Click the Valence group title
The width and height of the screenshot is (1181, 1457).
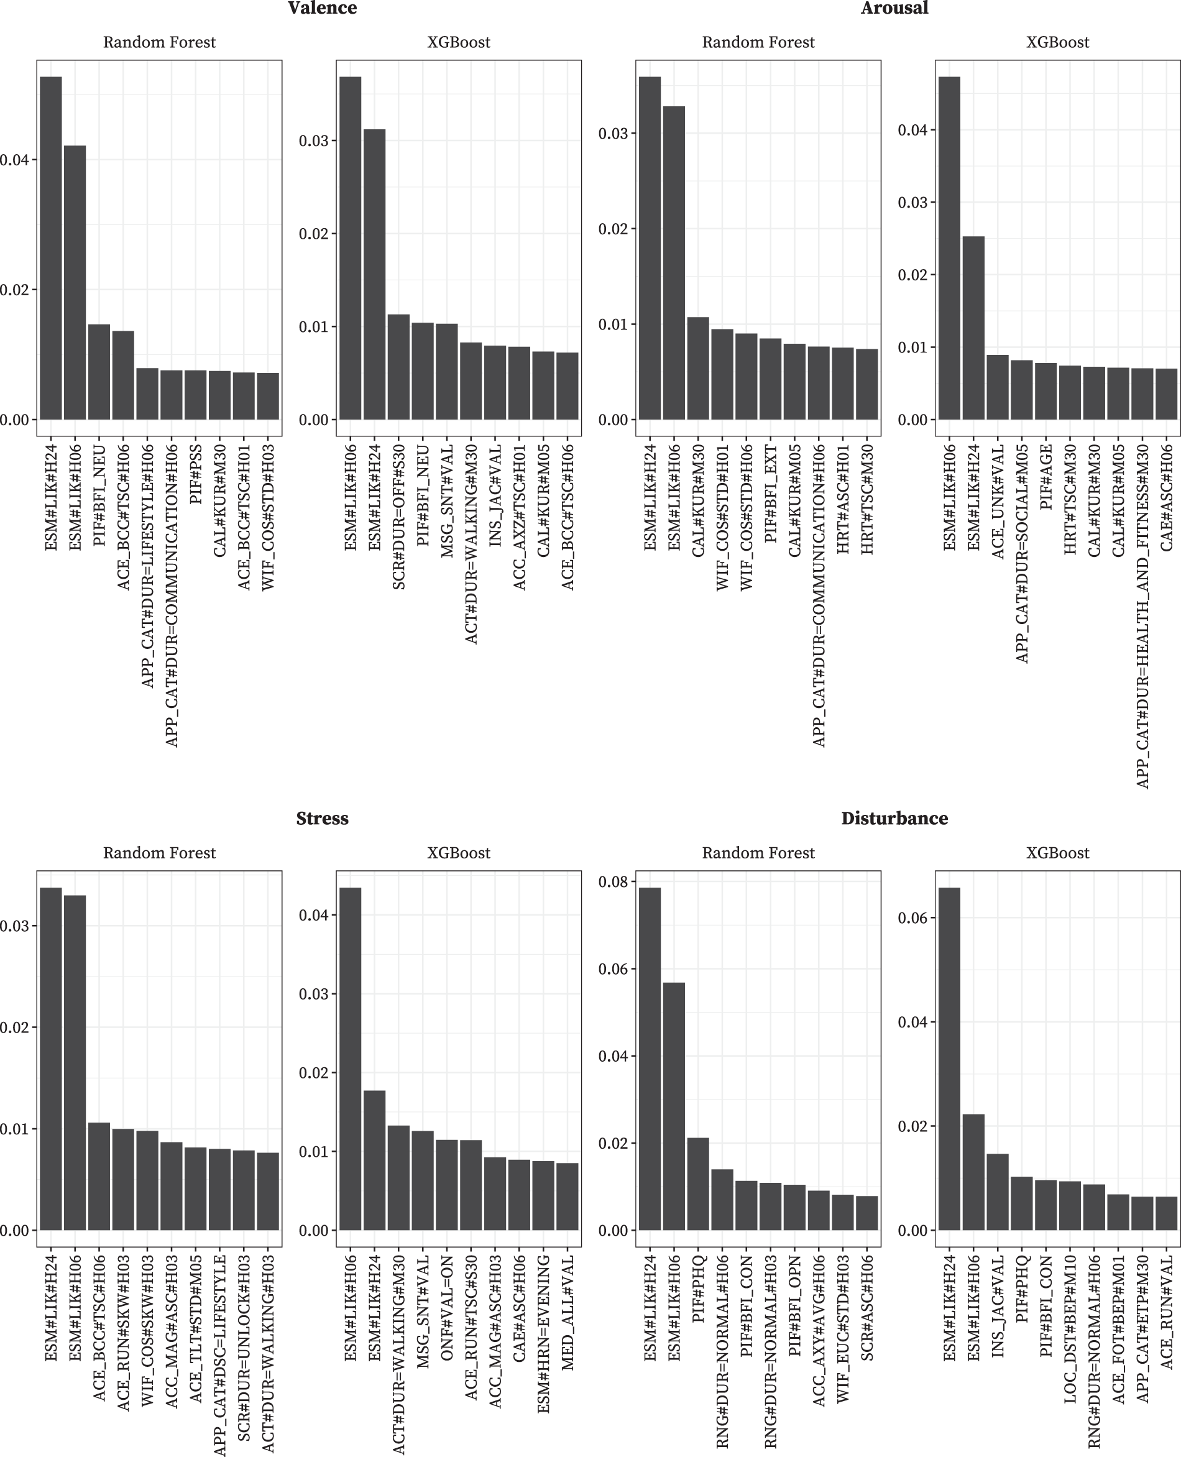[x=322, y=8]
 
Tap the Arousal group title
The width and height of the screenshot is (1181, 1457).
[x=894, y=8]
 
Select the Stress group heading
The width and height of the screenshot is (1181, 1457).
[x=322, y=818]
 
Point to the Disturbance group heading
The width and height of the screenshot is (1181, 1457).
[x=894, y=818]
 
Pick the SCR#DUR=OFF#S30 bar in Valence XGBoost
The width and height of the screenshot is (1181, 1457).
[x=398, y=367]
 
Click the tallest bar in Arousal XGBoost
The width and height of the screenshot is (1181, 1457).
[x=950, y=247]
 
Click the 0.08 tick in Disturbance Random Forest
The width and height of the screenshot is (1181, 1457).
[x=612, y=882]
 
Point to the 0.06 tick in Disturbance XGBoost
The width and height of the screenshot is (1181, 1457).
[x=912, y=918]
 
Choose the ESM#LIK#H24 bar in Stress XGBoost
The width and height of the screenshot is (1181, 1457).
[x=374, y=1160]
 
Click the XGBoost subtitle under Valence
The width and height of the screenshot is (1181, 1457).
[x=459, y=42]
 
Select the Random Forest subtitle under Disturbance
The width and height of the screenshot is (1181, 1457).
[x=758, y=853]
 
